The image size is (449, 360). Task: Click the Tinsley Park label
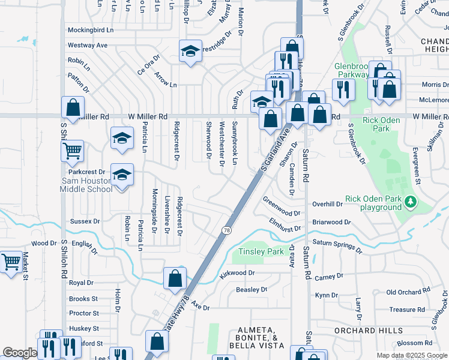point(261,252)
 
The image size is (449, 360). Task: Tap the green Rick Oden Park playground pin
point(411,202)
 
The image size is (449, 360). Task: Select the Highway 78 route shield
point(226,230)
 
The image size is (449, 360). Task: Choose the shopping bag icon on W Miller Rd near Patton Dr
point(73,108)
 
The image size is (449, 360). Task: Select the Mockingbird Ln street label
point(90,29)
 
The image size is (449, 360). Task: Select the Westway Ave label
point(88,45)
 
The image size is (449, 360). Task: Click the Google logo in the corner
point(20,353)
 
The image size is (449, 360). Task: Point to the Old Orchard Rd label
point(408,292)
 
